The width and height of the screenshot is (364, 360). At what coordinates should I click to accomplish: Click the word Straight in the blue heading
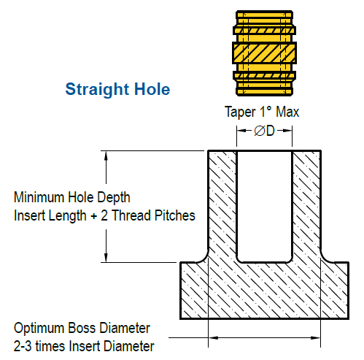click(97, 90)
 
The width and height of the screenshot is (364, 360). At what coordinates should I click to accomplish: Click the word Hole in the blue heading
click(152, 89)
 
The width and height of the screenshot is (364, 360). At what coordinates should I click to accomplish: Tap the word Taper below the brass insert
click(241, 112)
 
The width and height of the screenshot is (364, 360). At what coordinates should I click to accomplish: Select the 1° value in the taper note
click(266, 112)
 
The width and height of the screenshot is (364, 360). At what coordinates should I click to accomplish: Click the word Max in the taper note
click(287, 112)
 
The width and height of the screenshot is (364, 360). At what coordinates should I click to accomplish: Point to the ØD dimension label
click(264, 131)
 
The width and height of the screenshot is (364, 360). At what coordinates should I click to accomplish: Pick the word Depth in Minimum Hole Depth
click(114, 198)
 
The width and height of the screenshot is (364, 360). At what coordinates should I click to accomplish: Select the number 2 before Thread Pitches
click(104, 215)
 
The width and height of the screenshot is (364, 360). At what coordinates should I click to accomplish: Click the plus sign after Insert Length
click(93, 217)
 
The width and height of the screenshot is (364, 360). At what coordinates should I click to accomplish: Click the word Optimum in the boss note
click(39, 329)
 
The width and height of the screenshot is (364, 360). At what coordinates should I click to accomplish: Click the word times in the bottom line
click(50, 346)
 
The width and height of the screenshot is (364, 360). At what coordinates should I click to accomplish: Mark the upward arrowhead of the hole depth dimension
click(106, 156)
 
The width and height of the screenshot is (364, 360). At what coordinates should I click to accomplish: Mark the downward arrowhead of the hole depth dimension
click(106, 258)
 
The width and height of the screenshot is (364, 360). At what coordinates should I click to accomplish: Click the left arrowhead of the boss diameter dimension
click(213, 338)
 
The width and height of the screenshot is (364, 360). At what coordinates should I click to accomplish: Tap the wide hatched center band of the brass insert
click(264, 53)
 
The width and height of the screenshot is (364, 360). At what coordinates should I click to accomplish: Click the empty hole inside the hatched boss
click(264, 207)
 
